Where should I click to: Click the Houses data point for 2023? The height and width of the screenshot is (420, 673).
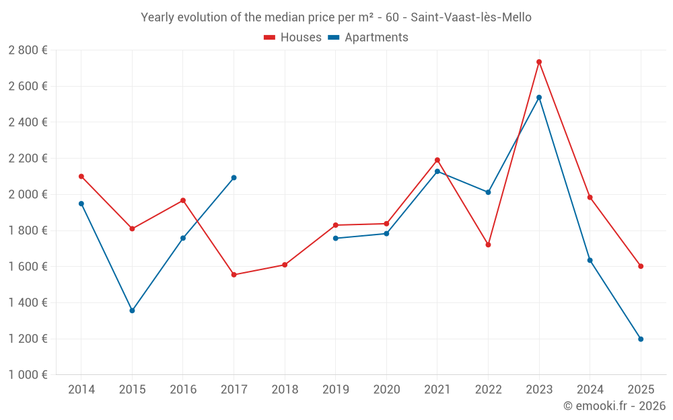(x=539, y=62)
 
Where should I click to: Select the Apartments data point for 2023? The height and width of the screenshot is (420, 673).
(x=539, y=97)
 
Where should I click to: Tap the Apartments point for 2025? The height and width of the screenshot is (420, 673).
(x=641, y=339)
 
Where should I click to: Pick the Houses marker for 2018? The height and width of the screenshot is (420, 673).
(x=285, y=265)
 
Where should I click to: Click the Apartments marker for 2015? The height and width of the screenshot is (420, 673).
(x=132, y=310)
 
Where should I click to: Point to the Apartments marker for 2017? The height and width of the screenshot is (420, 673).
(x=234, y=177)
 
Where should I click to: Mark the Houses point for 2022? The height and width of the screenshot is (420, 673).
(x=488, y=245)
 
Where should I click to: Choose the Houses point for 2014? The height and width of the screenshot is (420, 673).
(x=81, y=176)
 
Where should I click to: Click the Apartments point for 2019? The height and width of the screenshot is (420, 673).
(x=336, y=239)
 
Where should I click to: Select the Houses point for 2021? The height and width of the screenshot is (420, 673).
(x=437, y=160)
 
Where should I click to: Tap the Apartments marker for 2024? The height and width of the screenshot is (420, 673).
(x=590, y=260)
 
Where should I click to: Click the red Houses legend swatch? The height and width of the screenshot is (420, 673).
(x=270, y=38)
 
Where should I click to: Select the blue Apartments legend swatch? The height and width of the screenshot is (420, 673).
(x=334, y=38)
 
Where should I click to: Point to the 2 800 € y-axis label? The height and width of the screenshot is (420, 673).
(x=28, y=50)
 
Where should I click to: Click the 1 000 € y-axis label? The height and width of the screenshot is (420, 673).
(x=28, y=375)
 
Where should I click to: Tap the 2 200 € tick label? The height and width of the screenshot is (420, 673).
(x=28, y=159)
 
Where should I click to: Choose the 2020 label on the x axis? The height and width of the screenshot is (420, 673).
(x=386, y=390)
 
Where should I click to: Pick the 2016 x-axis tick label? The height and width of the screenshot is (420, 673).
(x=183, y=390)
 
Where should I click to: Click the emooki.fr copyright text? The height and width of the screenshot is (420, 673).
(x=614, y=406)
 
